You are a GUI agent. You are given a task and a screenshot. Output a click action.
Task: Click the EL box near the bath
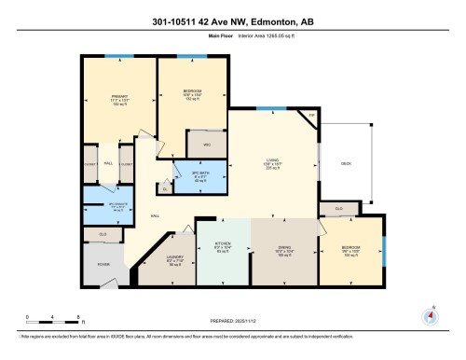pyautogui.click(x=165, y=187)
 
